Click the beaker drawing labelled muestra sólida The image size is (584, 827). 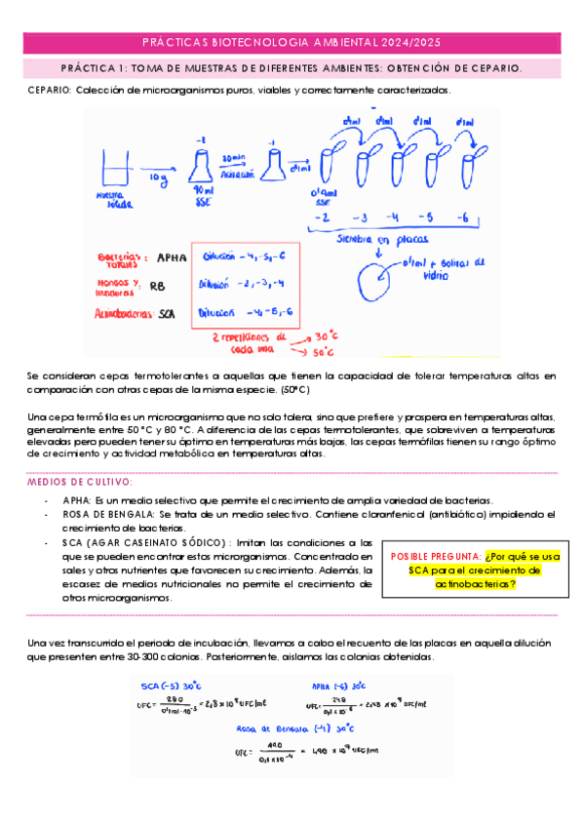(115, 167)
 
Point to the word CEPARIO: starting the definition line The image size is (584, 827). (50, 90)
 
